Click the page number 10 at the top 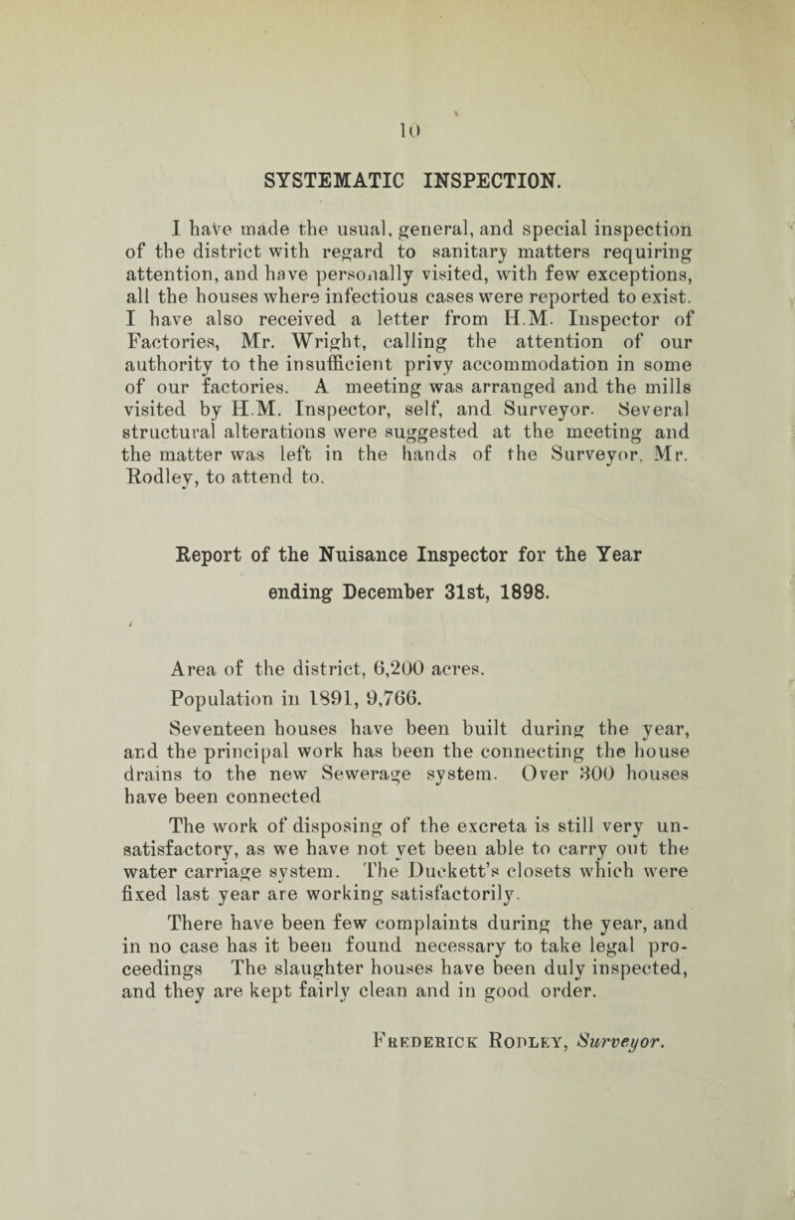click(x=396, y=101)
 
